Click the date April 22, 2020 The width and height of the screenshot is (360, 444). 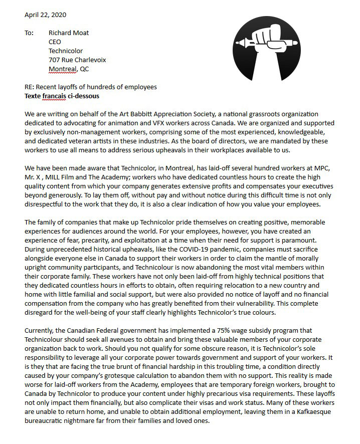tap(45, 15)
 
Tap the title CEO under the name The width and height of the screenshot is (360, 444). tap(55, 42)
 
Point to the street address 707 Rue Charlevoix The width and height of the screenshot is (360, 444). tap(77, 60)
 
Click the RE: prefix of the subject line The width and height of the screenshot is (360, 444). tap(30, 87)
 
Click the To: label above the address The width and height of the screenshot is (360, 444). tap(30, 33)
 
